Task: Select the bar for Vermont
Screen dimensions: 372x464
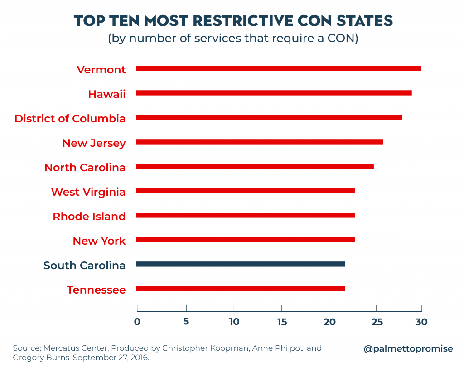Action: pos(279,68)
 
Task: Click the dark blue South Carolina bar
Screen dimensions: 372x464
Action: pos(241,264)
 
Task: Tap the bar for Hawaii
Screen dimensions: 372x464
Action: pos(274,93)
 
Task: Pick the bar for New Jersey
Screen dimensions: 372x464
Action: pos(260,142)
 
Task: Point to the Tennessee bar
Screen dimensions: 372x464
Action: pos(241,289)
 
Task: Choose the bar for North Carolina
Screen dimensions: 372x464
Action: pos(255,166)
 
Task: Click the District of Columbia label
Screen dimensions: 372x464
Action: pos(70,119)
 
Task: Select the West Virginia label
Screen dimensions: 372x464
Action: pos(88,192)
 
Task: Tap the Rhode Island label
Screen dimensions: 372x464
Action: pos(89,217)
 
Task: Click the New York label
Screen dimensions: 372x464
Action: pos(99,241)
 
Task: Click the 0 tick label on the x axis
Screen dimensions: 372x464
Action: pos(137,322)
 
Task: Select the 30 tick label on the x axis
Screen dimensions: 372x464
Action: pos(421,322)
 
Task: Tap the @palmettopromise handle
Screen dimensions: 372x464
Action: pos(408,349)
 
